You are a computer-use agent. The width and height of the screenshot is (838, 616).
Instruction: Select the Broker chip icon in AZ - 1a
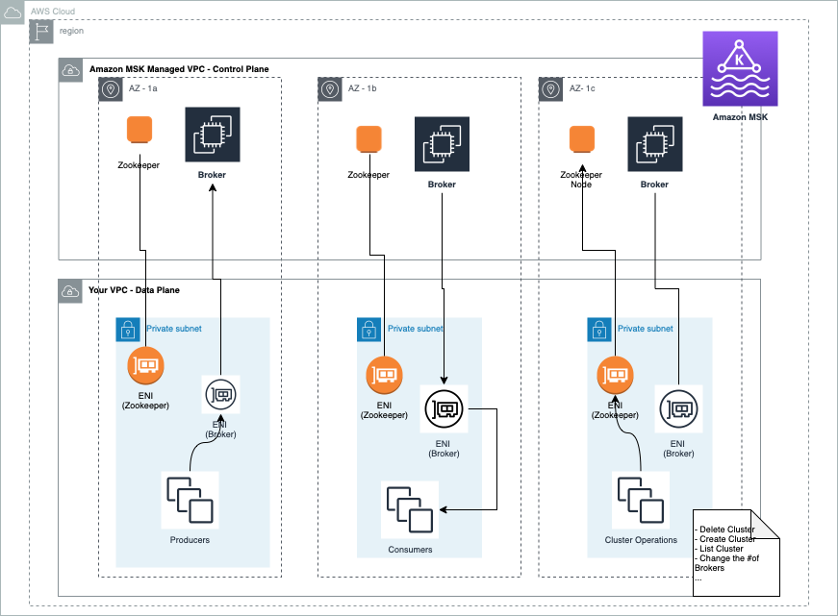(x=212, y=136)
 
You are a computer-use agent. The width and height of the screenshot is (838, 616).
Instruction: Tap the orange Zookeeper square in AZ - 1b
(x=369, y=140)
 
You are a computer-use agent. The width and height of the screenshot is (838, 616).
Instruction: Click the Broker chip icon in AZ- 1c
(x=654, y=144)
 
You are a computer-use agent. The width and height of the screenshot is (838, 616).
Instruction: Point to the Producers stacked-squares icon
(x=190, y=500)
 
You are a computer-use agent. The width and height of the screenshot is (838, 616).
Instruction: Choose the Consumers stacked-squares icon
(x=410, y=509)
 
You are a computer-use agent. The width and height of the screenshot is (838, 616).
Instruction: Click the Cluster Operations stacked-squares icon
(x=642, y=500)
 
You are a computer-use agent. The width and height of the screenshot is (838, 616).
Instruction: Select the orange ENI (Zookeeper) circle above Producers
(x=145, y=365)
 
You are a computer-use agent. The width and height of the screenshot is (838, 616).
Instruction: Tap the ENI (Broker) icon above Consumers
(x=444, y=409)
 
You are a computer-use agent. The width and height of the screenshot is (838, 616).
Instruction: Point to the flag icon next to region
(x=42, y=31)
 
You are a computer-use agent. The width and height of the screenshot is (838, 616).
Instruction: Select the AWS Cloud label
(x=53, y=12)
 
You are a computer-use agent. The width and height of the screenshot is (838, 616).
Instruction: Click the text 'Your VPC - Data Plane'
(x=134, y=290)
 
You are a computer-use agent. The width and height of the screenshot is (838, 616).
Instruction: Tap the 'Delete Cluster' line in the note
(x=725, y=530)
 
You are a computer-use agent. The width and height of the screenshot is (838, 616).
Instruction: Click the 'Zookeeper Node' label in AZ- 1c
(x=581, y=180)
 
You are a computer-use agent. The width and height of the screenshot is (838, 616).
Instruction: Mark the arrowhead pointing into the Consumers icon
(x=444, y=509)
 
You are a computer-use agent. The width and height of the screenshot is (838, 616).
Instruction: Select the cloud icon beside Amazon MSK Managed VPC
(x=71, y=69)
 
